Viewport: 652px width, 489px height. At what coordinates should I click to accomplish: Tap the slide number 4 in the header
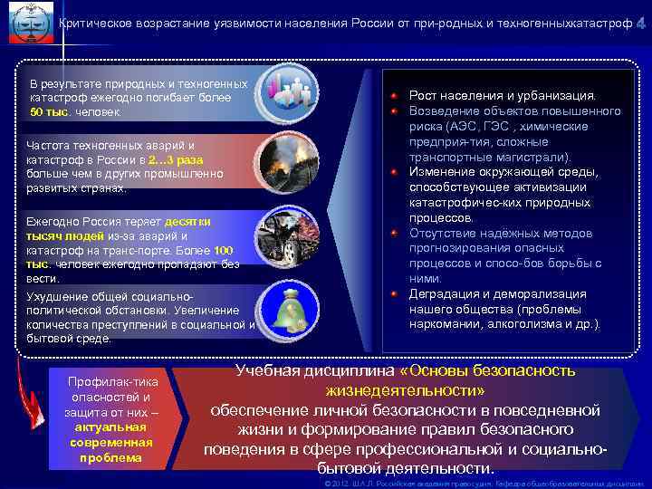tap(640, 21)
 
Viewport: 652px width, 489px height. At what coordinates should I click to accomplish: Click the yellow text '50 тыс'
tap(49, 112)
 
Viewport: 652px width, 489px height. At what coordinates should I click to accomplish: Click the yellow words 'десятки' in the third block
tap(188, 221)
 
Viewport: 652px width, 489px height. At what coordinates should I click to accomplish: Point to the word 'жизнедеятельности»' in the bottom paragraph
tap(405, 390)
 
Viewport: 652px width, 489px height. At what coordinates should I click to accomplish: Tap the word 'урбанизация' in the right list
tap(562, 95)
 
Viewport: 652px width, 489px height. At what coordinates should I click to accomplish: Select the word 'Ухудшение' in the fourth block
tap(56, 296)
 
